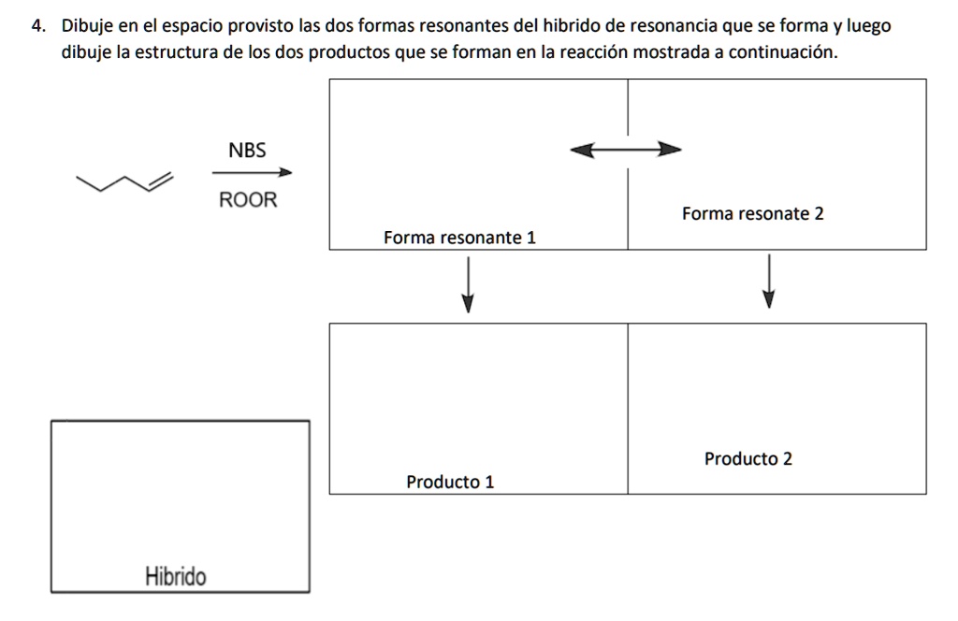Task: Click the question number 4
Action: click(36, 27)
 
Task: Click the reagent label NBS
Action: click(247, 150)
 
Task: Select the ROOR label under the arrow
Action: click(248, 200)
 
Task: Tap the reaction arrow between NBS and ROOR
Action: click(252, 172)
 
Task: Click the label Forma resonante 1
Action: click(459, 238)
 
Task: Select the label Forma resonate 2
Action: click(752, 214)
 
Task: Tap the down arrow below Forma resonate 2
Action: click(768, 281)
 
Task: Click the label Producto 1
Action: click(450, 483)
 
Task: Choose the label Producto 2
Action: click(748, 459)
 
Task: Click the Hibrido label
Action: click(176, 576)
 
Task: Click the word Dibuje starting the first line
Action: click(88, 27)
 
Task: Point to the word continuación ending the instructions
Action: click(780, 52)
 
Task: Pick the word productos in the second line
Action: click(343, 52)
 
